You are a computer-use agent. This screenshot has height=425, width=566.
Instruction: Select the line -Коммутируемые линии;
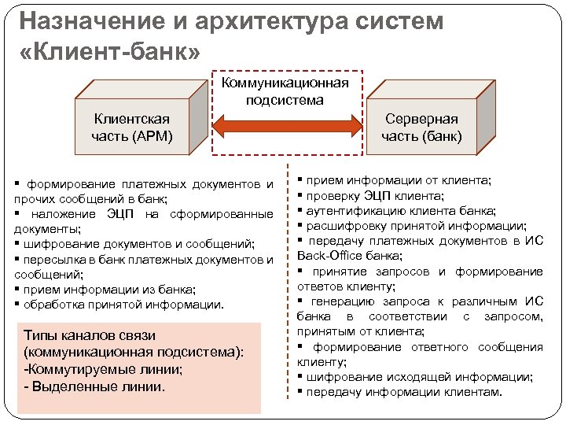pyautogui.click(x=104, y=369)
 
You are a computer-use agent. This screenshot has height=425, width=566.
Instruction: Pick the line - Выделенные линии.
pyautogui.click(x=95, y=386)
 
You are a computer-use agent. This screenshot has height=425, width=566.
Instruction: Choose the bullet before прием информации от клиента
pyautogui.click(x=301, y=180)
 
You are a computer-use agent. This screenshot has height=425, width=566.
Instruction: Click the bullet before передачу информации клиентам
pyautogui.click(x=301, y=392)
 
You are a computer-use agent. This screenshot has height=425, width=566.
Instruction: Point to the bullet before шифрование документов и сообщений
pyautogui.click(x=17, y=244)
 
